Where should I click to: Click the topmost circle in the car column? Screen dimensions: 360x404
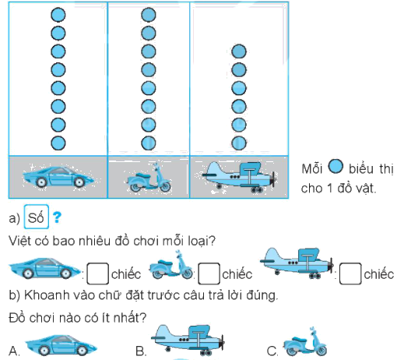pos(58,14)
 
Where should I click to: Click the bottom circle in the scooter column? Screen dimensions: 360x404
pos(149,143)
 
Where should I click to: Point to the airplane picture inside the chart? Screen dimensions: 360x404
pos(240,177)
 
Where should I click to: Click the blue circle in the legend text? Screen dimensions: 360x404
pos(335,167)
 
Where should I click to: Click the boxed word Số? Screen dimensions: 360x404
pos(37,215)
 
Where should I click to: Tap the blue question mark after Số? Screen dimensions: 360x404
pos(57,215)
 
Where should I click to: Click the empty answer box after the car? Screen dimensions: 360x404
pos(97,274)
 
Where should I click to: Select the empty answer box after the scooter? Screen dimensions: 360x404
pos(208,274)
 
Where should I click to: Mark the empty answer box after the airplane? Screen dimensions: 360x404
pos(352,274)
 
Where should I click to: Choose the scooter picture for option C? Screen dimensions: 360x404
pos(306,345)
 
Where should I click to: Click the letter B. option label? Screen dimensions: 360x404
pos(140,351)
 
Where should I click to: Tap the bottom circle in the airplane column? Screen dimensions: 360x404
pos(240,143)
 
